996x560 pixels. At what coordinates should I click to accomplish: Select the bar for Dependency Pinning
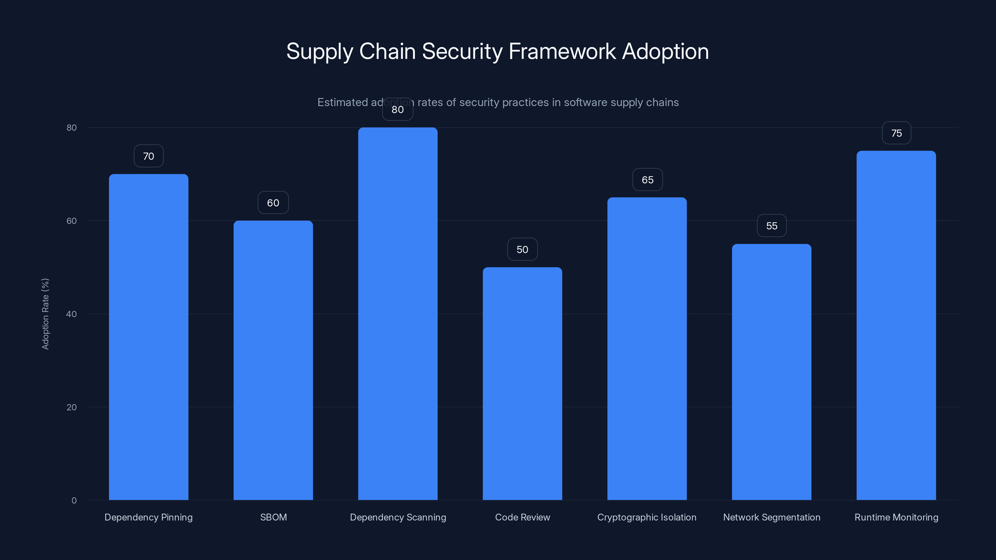point(148,336)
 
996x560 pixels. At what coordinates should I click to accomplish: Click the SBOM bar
point(273,359)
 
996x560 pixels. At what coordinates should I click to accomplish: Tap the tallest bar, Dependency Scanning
point(397,313)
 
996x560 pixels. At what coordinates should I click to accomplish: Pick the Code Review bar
point(522,383)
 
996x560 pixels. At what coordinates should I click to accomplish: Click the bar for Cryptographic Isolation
point(647,348)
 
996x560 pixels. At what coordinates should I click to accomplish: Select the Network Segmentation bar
point(771,371)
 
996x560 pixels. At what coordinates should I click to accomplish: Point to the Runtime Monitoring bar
point(896,324)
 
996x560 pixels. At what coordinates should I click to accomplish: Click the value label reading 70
point(148,156)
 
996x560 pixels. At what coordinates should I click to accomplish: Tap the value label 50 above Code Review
point(522,249)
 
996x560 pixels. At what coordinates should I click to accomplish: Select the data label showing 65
point(647,180)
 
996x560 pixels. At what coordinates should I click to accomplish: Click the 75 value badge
point(896,133)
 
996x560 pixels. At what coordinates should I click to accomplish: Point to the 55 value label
point(771,226)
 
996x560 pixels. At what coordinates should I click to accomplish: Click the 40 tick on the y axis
point(72,314)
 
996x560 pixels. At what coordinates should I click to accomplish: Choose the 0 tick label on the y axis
point(74,500)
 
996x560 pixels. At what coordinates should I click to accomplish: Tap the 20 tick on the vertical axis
point(72,407)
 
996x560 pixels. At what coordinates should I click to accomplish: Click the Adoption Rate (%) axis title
point(45,314)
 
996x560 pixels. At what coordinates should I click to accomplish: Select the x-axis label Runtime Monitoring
point(896,517)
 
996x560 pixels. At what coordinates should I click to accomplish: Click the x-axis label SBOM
point(273,517)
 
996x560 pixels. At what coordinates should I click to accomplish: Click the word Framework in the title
point(562,51)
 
